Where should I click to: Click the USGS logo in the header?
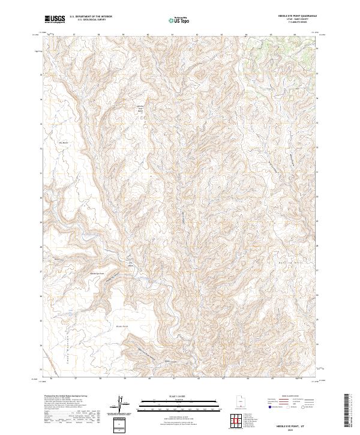coord(55,19)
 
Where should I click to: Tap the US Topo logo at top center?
coord(180,20)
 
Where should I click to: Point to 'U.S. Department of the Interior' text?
coord(91,17)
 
